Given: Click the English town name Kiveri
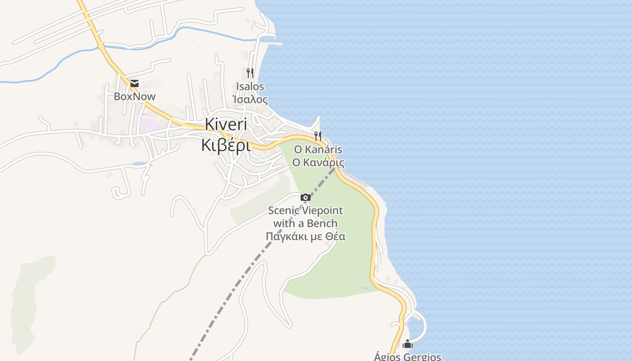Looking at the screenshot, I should click(x=226, y=124).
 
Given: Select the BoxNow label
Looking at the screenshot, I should click(x=135, y=96).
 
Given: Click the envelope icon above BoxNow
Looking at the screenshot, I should click(x=135, y=83).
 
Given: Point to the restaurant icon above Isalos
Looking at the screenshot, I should click(x=250, y=73).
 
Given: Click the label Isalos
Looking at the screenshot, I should click(x=250, y=86).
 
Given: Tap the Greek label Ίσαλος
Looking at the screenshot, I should click(x=250, y=99).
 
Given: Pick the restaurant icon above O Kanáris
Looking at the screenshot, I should click(x=318, y=136).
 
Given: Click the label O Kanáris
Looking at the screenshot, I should click(x=318, y=149).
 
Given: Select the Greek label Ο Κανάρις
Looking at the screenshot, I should click(x=318, y=162).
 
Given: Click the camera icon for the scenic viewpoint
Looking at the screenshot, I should click(x=306, y=197).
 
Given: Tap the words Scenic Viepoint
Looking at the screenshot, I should click(x=306, y=210).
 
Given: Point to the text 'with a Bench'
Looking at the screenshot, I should click(x=306, y=223).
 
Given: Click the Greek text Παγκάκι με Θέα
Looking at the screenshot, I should click(x=306, y=236).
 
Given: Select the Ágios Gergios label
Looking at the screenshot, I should click(x=408, y=356).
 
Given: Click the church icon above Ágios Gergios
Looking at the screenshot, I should click(x=408, y=344).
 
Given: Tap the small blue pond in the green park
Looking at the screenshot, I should click(x=365, y=287).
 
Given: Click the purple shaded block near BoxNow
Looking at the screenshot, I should click(x=148, y=124).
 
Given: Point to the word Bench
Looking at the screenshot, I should click(x=322, y=223).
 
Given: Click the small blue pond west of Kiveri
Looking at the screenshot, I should click(x=140, y=163).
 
